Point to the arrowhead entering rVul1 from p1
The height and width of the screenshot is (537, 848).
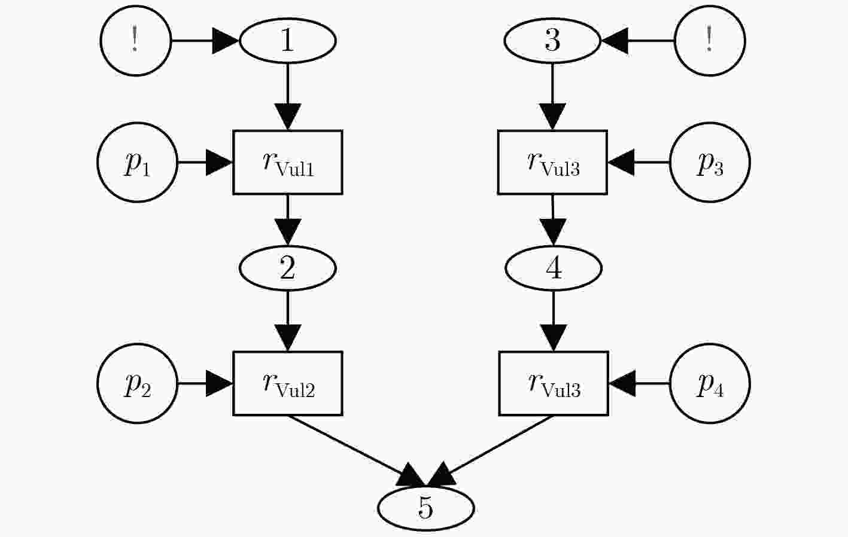tap(219, 162)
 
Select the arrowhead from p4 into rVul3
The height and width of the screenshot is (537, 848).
tap(622, 383)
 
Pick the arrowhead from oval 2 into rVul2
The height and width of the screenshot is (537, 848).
tap(288, 338)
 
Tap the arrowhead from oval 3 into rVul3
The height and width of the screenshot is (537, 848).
tap(552, 117)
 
